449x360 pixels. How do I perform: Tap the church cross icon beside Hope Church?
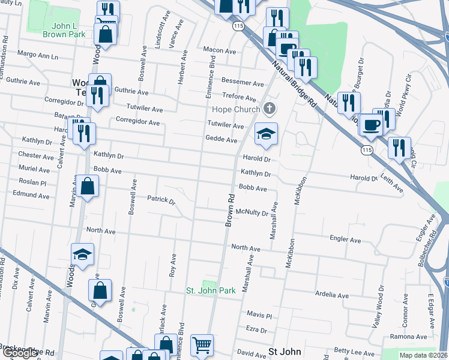[270, 109]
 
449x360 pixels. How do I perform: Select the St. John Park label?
[210, 291]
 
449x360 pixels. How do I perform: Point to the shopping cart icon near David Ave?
[202, 345]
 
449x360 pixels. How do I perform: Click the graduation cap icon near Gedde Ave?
[265, 133]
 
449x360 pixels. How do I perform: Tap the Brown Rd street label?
[229, 209]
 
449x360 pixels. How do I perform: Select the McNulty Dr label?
[252, 212]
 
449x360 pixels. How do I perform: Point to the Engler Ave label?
[345, 239]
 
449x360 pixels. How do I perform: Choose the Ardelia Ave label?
[332, 295]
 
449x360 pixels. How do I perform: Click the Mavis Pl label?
[259, 315]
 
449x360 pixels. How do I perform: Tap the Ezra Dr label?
[256, 329]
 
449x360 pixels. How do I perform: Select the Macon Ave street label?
[217, 50]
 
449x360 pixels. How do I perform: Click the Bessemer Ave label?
[243, 83]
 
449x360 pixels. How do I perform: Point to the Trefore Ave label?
[239, 97]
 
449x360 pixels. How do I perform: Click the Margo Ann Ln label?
[38, 54]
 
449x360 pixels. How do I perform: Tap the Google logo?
[20, 353]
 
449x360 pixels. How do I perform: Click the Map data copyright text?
[424, 355]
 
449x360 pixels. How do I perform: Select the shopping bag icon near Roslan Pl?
[87, 187]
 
